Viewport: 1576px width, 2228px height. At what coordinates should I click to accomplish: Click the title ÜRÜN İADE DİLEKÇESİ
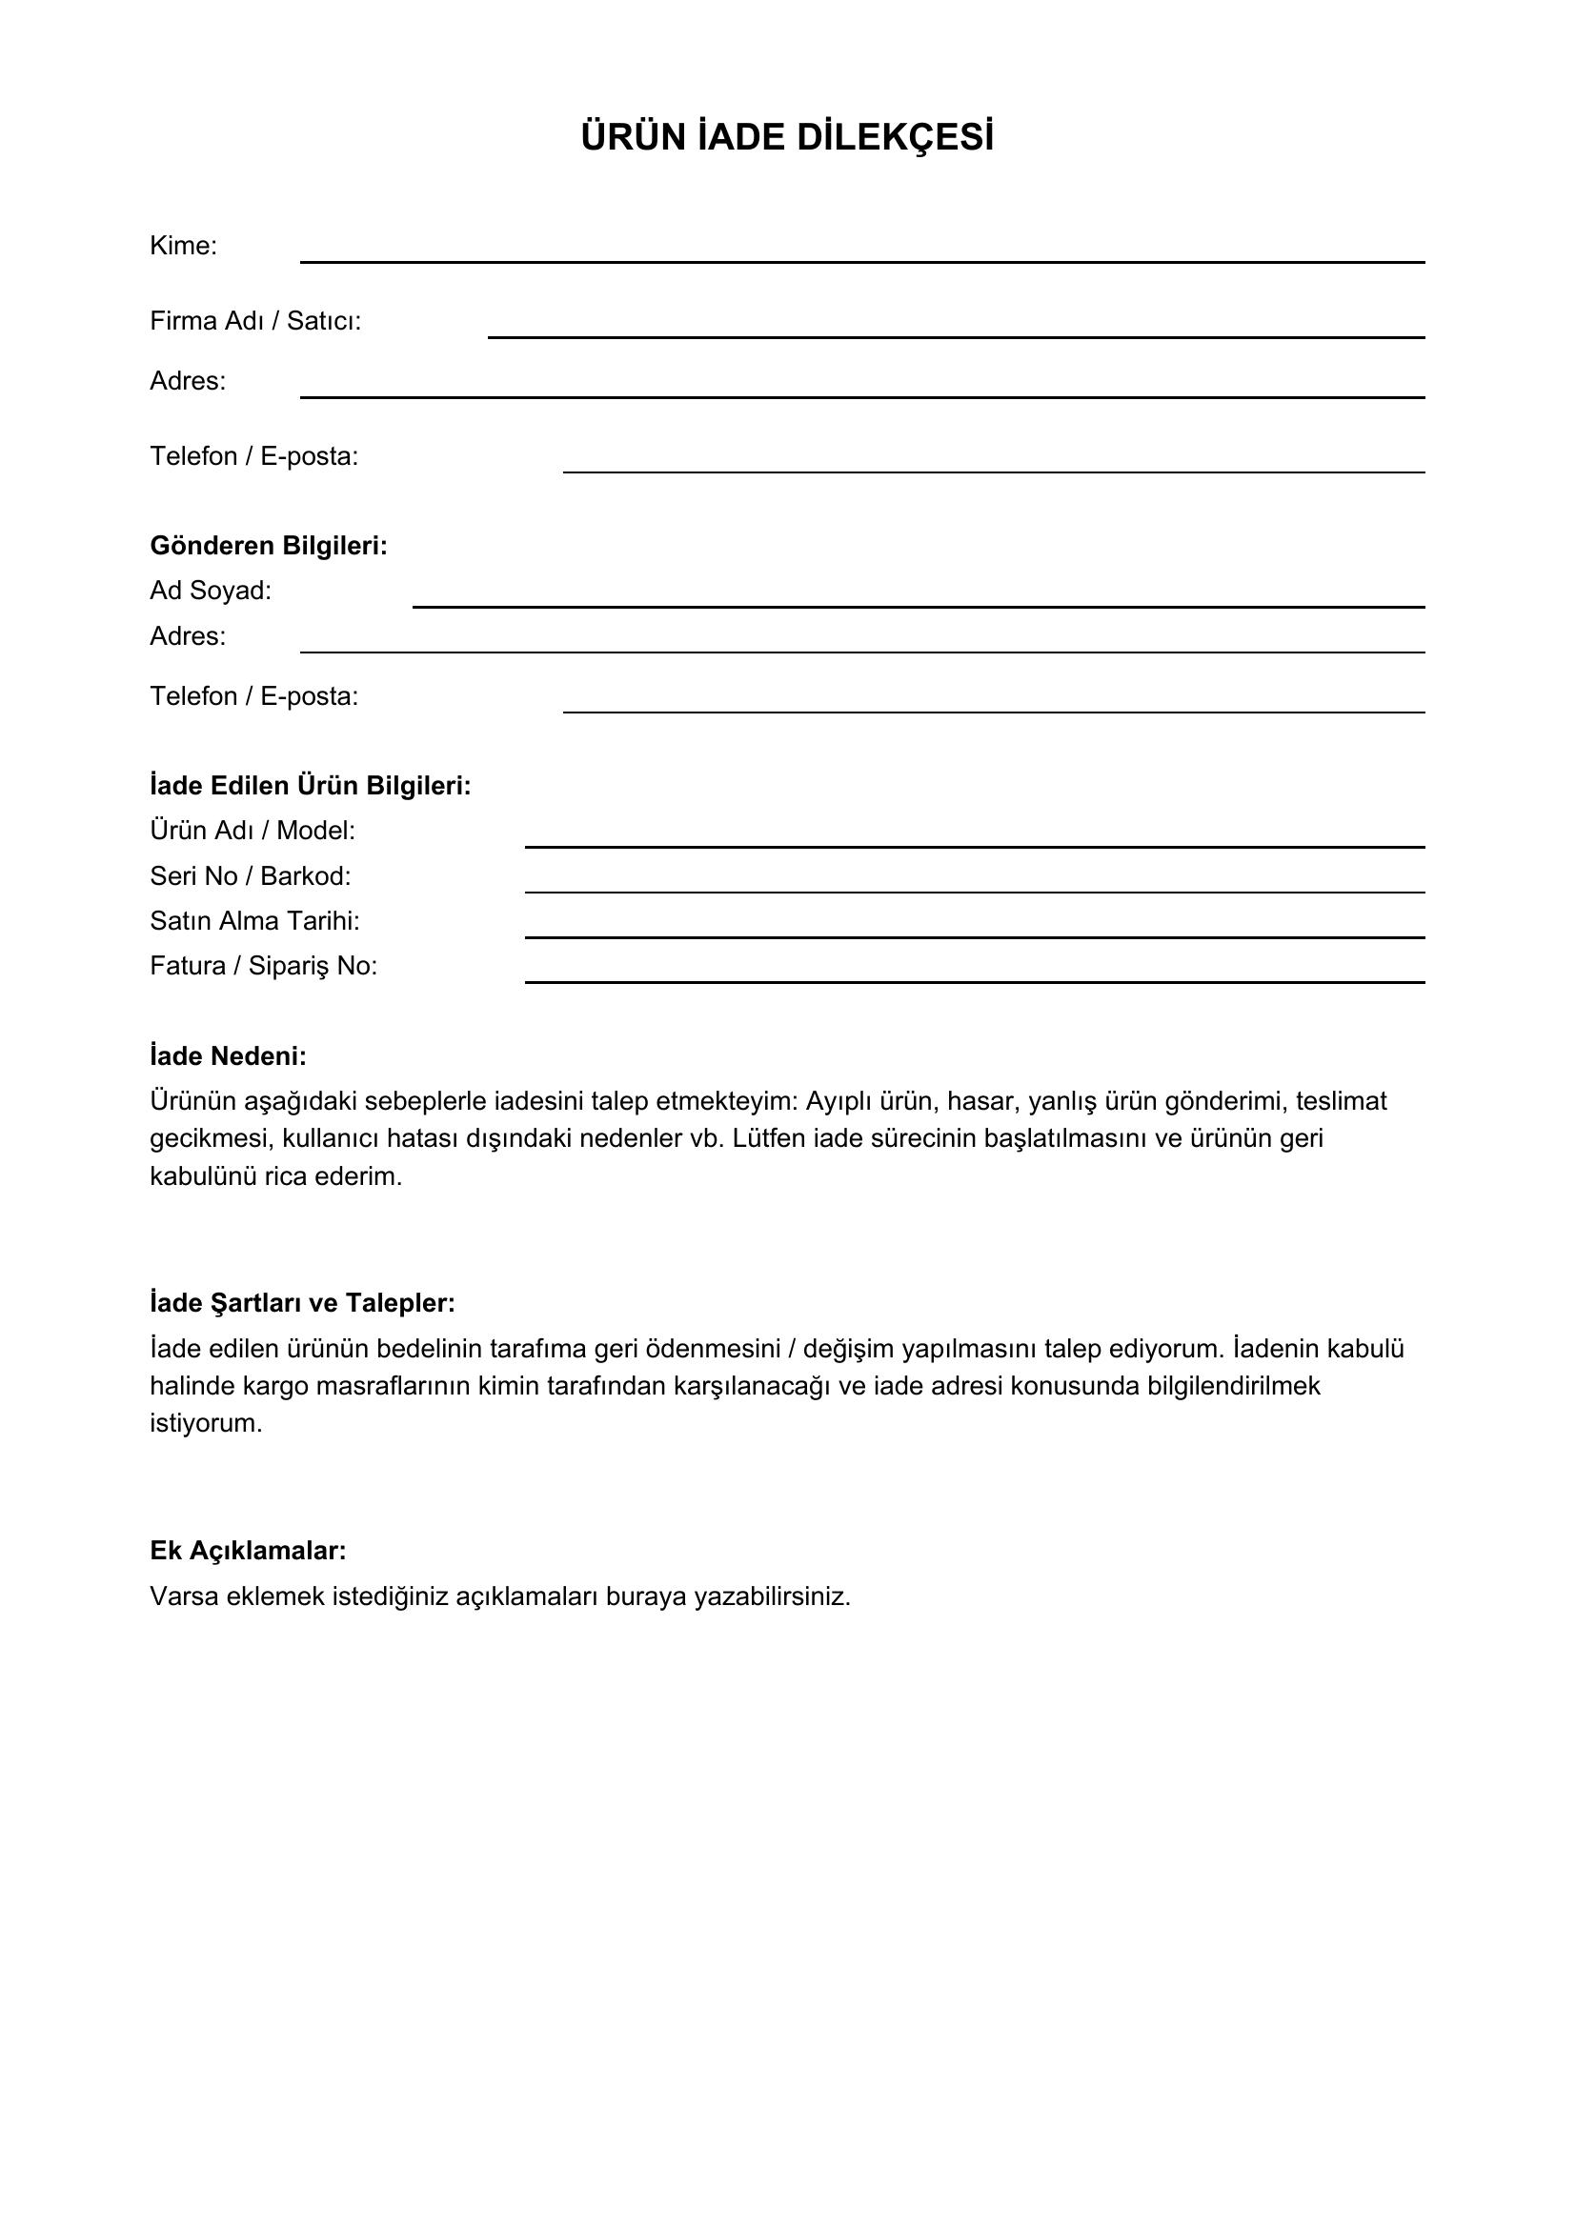pyautogui.click(x=787, y=138)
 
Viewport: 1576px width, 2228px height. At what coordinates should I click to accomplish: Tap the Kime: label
pyautogui.click(x=183, y=246)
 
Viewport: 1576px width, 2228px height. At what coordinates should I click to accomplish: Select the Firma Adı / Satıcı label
pyautogui.click(x=255, y=321)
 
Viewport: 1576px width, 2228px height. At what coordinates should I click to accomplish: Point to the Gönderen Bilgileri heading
pyautogui.click(x=269, y=546)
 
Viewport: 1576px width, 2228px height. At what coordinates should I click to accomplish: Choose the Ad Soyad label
pyautogui.click(x=211, y=590)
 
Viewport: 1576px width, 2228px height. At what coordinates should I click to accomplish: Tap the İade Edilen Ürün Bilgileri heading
pyautogui.click(x=311, y=785)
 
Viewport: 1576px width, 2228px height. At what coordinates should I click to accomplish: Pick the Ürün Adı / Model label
pyautogui.click(x=253, y=831)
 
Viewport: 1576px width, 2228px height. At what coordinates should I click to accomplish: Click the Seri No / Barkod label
pyautogui.click(x=251, y=876)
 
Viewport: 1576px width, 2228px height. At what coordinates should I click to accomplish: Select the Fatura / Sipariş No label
pyautogui.click(x=264, y=966)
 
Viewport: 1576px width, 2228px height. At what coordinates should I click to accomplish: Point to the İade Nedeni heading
pyautogui.click(x=228, y=1055)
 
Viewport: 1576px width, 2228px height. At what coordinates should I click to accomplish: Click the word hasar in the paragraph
pyautogui.click(x=980, y=1101)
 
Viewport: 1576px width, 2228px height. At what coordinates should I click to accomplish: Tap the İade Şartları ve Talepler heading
pyautogui.click(x=303, y=1303)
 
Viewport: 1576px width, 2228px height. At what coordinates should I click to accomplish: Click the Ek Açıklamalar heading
pyautogui.click(x=249, y=1551)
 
